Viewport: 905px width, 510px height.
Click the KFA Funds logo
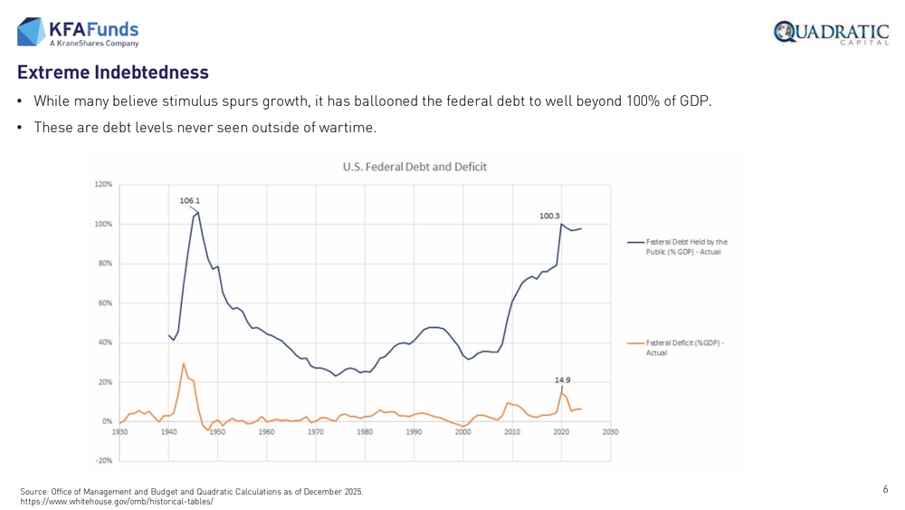click(x=78, y=32)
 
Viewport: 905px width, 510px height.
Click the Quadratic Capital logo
click(x=831, y=33)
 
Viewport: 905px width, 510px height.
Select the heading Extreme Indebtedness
click(x=112, y=72)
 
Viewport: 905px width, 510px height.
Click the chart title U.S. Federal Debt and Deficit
click(x=414, y=167)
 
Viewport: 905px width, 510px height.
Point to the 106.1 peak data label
click(x=189, y=200)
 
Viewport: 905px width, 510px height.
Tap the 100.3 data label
click(x=549, y=216)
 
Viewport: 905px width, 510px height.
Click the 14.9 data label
click(x=562, y=380)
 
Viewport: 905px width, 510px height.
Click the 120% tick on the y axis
click(x=102, y=185)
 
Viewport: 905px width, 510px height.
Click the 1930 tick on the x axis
click(x=119, y=432)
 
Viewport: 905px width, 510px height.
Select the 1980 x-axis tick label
click(x=365, y=432)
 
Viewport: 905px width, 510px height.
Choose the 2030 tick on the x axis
click(x=610, y=432)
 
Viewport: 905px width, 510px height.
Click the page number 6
click(x=885, y=489)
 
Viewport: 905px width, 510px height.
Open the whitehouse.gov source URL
click(x=116, y=501)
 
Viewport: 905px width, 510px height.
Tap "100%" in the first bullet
click(x=643, y=101)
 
